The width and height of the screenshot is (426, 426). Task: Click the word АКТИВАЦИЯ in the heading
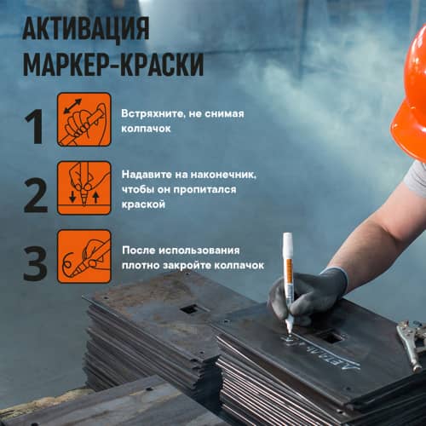pos(85,28)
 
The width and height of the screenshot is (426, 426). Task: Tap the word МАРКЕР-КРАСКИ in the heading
pos(113,65)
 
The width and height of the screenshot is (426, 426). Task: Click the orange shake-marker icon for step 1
pos(83,120)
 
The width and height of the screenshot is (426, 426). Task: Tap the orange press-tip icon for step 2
pos(83,188)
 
